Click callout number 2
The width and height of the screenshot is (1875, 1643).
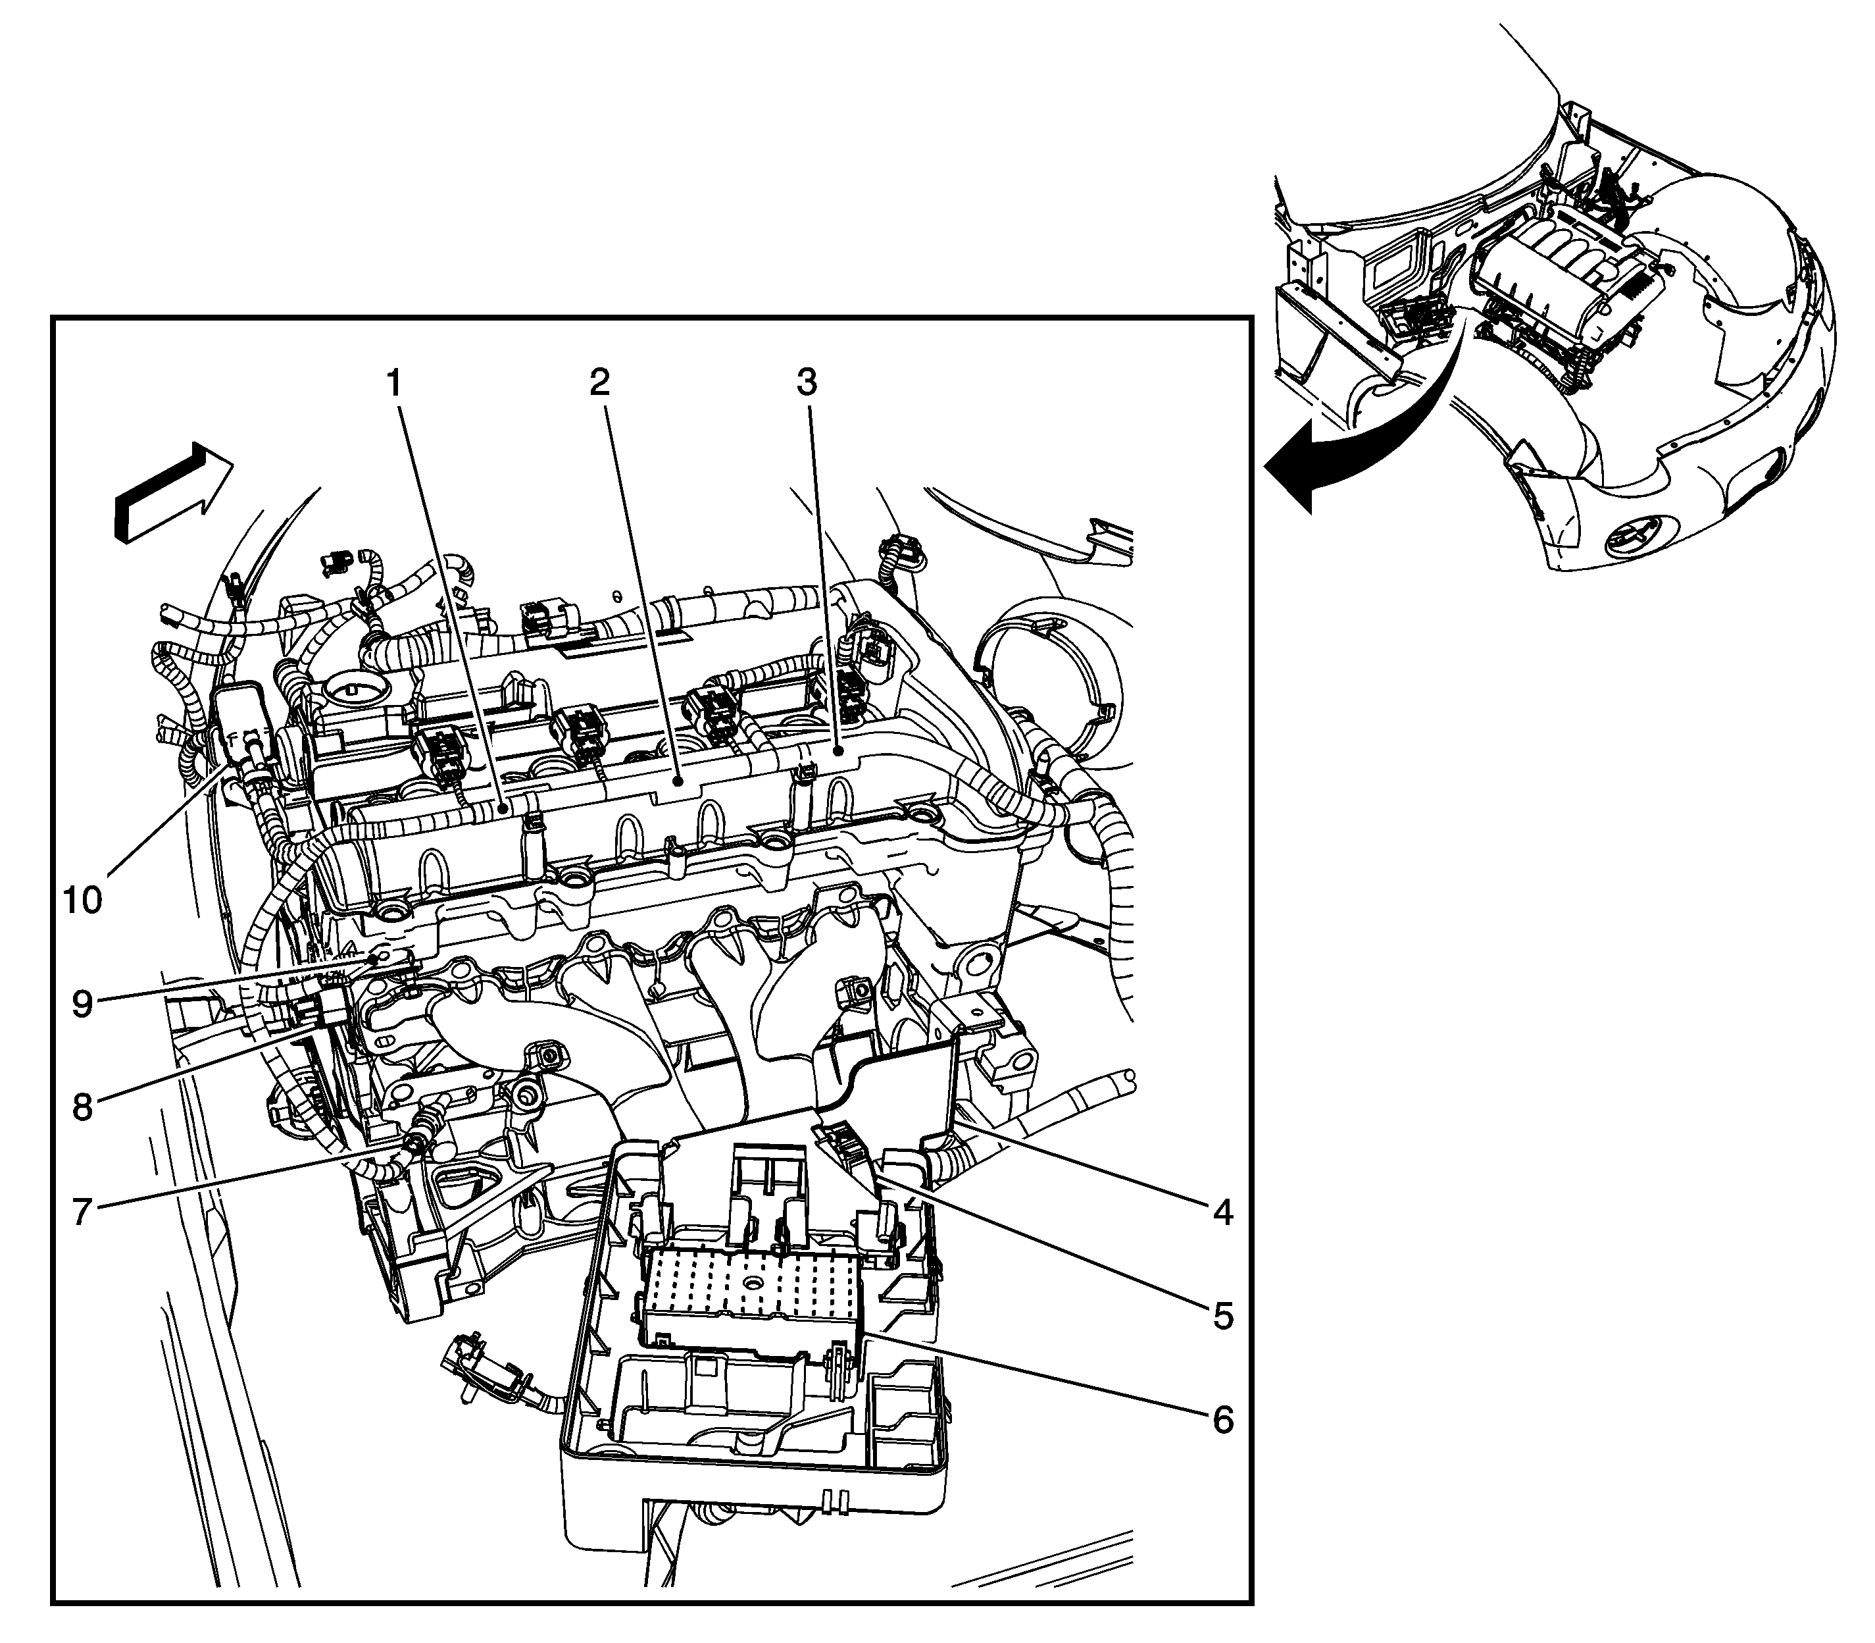click(x=599, y=382)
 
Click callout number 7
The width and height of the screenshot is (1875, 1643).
click(x=82, y=1212)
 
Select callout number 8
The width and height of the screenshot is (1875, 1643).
click(x=82, y=1108)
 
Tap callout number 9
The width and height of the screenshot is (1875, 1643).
click(x=82, y=1004)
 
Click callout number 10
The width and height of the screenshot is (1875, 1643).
click(x=82, y=900)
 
